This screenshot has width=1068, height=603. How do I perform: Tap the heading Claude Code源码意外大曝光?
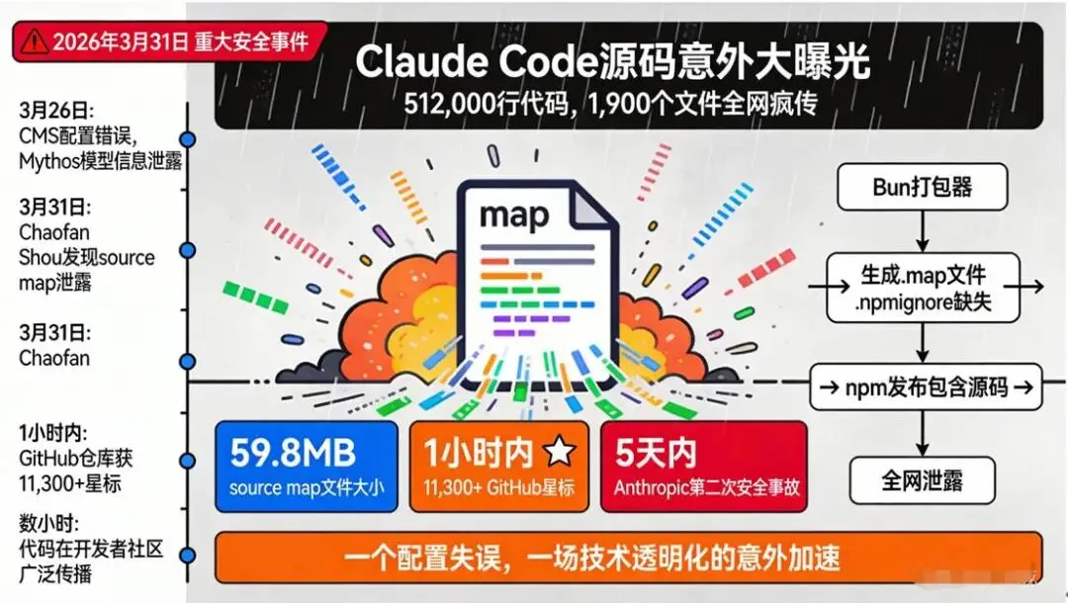pos(612,62)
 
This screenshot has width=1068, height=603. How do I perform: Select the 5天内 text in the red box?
pos(655,452)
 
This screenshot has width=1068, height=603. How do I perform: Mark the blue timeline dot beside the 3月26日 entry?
pos(187,140)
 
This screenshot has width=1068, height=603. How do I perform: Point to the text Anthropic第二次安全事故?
pos(703,486)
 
